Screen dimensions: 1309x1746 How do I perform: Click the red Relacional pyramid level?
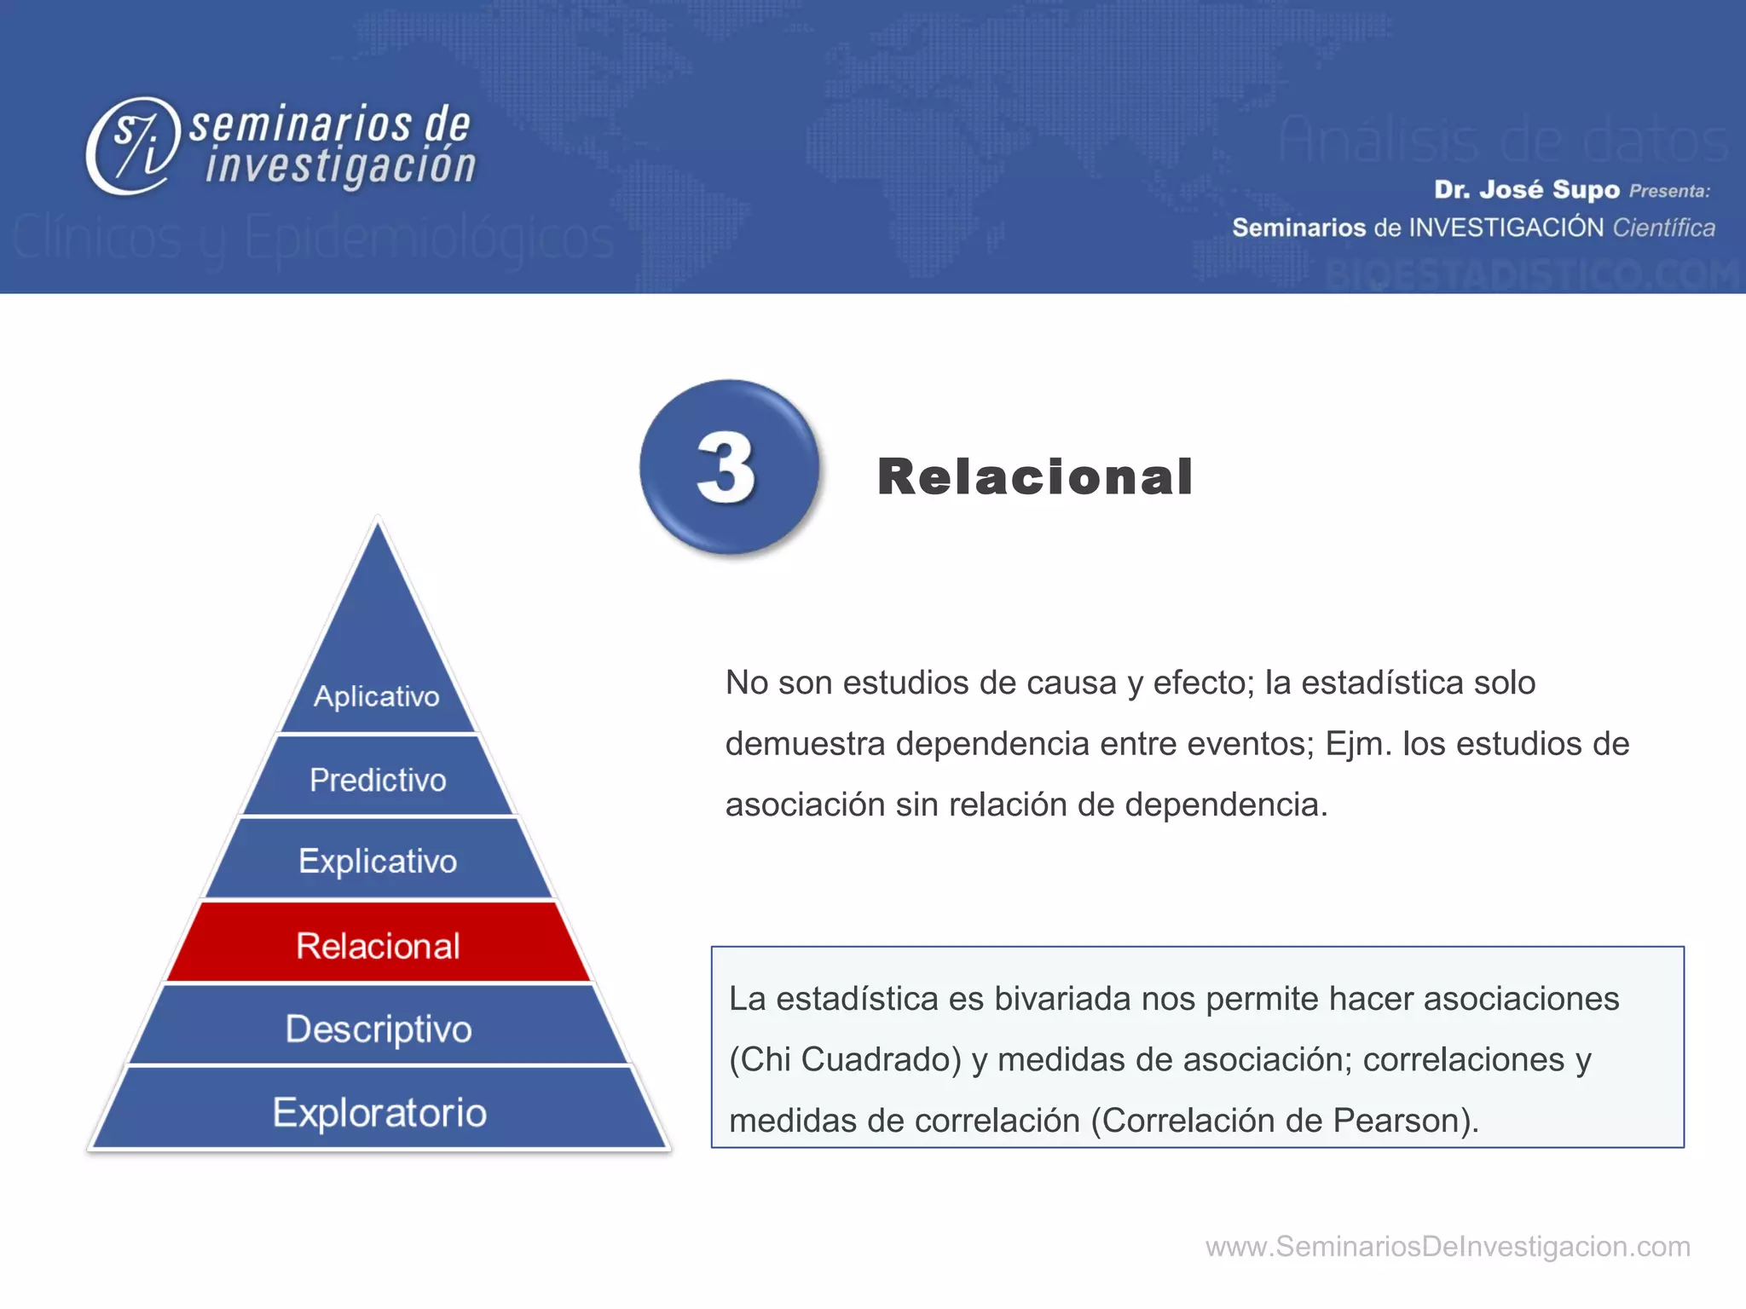click(x=378, y=944)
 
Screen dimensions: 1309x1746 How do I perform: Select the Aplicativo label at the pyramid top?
click(x=376, y=695)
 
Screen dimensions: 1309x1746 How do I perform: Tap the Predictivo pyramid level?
click(x=378, y=779)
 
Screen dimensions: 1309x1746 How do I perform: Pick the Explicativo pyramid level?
click(x=378, y=861)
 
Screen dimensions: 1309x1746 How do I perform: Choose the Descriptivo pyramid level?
click(x=378, y=1028)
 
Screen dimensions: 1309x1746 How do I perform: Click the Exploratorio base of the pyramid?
click(x=379, y=1111)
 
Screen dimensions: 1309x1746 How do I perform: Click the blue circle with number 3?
click(x=729, y=467)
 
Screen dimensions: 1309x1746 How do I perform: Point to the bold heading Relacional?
click(x=1034, y=476)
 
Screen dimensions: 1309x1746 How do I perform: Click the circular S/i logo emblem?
click(x=134, y=146)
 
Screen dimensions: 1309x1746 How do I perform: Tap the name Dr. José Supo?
click(x=1526, y=189)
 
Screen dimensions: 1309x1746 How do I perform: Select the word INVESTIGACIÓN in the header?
click(x=1506, y=228)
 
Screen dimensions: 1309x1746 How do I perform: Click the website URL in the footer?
click(x=1447, y=1246)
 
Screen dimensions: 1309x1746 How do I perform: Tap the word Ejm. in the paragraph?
click(x=1358, y=743)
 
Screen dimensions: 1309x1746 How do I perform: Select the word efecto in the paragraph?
click(x=1205, y=683)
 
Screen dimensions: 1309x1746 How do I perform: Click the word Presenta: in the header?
click(x=1669, y=191)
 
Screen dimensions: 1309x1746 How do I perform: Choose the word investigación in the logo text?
click(x=340, y=164)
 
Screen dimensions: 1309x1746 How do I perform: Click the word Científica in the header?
click(x=1663, y=228)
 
